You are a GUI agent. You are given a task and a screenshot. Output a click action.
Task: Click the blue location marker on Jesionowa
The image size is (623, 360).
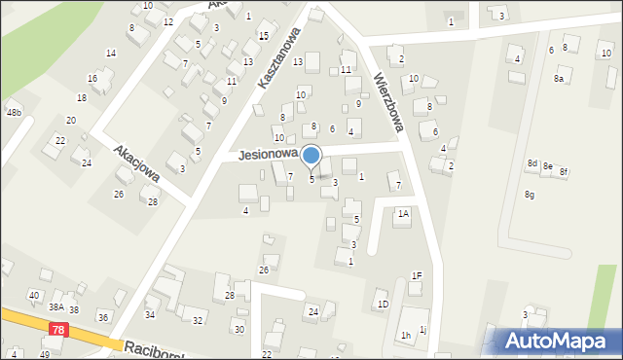coord(311,156)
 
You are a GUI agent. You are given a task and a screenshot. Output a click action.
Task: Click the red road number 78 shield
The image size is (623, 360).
coord(57,332)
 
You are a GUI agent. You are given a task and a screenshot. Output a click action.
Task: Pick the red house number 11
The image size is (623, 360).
coord(346,69)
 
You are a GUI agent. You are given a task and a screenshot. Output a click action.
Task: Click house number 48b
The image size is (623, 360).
coord(14,113)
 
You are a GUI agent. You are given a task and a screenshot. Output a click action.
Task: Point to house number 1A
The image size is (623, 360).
coord(402,212)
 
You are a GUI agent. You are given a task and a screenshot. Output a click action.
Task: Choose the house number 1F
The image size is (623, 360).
coord(416,276)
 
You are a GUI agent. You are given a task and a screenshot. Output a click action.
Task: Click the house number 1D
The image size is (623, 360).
coord(383,305)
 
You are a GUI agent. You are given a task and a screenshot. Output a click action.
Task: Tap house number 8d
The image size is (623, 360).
coord(531,163)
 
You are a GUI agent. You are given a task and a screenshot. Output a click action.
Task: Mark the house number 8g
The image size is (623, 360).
coord(530,195)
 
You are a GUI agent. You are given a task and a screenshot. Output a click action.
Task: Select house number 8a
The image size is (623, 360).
coord(559,78)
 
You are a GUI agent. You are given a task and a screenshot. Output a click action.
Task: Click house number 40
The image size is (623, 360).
coord(34,295)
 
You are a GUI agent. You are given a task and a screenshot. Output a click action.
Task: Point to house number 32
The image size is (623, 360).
coord(198,320)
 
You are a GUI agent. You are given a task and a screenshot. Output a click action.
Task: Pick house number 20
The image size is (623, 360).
coord(71,120)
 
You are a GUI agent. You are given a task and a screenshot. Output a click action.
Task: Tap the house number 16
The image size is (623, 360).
coord(92,78)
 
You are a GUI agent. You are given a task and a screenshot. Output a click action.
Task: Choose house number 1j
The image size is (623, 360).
coord(422,329)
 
